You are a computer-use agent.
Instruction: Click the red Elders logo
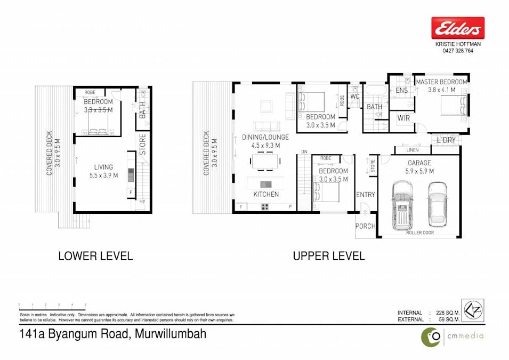[457, 28]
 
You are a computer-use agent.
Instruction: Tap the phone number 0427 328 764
[457, 51]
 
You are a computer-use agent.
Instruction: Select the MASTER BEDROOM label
[441, 82]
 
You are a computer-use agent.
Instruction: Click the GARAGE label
[420, 163]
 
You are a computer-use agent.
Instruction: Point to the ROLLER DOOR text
[420, 233]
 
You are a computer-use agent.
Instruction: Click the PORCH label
[365, 226]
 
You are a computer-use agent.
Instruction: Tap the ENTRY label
[365, 195]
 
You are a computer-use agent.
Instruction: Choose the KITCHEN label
[266, 194]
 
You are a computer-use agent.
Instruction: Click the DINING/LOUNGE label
[265, 137]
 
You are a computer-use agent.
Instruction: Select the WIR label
[403, 118]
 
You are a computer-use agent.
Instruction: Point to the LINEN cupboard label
[411, 150]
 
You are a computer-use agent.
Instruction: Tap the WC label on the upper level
[355, 97]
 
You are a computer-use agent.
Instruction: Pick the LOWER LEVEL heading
[95, 256]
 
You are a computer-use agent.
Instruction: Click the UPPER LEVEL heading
[328, 256]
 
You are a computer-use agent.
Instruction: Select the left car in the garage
[402, 204]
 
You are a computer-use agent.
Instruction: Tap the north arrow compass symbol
[473, 310]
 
